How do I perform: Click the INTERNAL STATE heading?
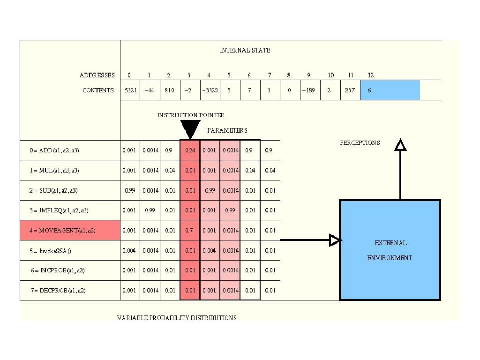tap(245, 50)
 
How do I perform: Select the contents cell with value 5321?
tap(130, 90)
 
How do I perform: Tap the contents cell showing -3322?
tap(209, 90)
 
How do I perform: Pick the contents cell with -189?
tap(309, 90)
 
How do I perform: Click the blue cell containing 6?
tap(390, 90)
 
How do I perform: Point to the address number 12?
tap(370, 75)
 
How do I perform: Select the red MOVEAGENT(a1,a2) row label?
tap(70, 230)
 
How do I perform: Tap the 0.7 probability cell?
tap(190, 230)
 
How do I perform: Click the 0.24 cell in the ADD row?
tap(190, 150)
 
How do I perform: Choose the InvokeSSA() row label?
tap(50, 251)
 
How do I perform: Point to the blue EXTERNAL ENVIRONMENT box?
tap(390, 250)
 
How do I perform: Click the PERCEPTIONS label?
tap(360, 143)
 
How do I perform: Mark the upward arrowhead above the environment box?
tap(400, 145)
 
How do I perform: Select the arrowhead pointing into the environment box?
tap(334, 240)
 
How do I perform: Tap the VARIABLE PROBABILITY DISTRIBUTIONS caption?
tap(177, 318)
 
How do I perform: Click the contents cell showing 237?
tap(350, 90)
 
